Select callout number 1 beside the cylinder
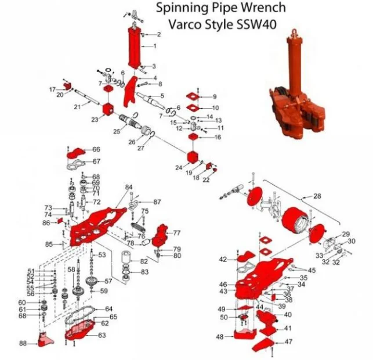(x=155, y=46)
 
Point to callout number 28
(x=317, y=196)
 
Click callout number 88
(x=23, y=344)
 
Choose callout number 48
(x=220, y=337)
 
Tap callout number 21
(x=77, y=107)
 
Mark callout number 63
(x=102, y=335)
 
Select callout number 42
(x=223, y=259)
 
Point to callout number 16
(x=218, y=138)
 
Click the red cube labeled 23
(x=107, y=110)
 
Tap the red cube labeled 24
(x=193, y=157)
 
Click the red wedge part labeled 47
(x=263, y=345)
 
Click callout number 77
(x=176, y=232)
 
